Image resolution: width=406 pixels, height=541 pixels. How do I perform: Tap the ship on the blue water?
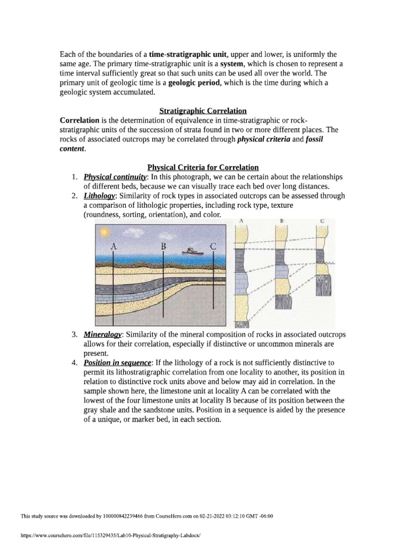pyautogui.click(x=189, y=250)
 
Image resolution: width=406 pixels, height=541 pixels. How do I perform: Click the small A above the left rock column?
pyautogui.click(x=242, y=220)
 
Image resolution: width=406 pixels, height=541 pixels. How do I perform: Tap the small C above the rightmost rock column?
pyautogui.click(x=321, y=220)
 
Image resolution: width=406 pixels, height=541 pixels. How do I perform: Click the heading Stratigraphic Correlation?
pyautogui.click(x=203, y=111)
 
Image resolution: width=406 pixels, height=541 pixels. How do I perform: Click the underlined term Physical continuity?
pyautogui.click(x=108, y=177)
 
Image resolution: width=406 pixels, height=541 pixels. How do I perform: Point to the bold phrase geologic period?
pyautogui.click(x=193, y=82)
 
